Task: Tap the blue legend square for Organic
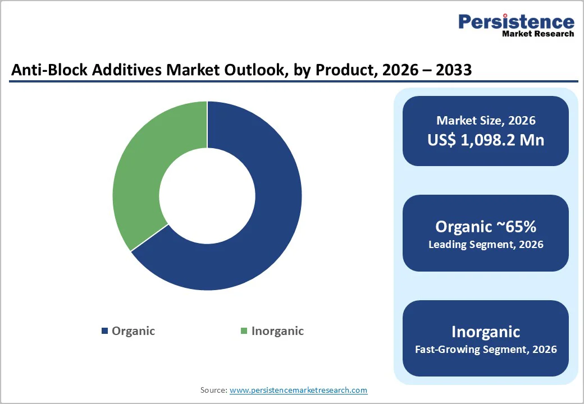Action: (104, 331)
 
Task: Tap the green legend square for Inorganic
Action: (244, 331)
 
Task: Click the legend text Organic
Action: (133, 331)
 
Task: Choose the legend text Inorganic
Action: (277, 331)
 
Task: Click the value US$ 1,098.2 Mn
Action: (486, 140)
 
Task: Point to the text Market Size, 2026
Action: (486, 120)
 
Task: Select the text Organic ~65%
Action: (486, 227)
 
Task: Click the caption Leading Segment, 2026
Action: (486, 245)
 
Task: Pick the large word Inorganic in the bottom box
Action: (486, 331)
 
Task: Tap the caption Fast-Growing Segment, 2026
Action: (486, 349)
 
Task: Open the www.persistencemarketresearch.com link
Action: (298, 389)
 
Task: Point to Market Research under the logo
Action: (538, 34)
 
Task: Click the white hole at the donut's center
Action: (207, 196)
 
